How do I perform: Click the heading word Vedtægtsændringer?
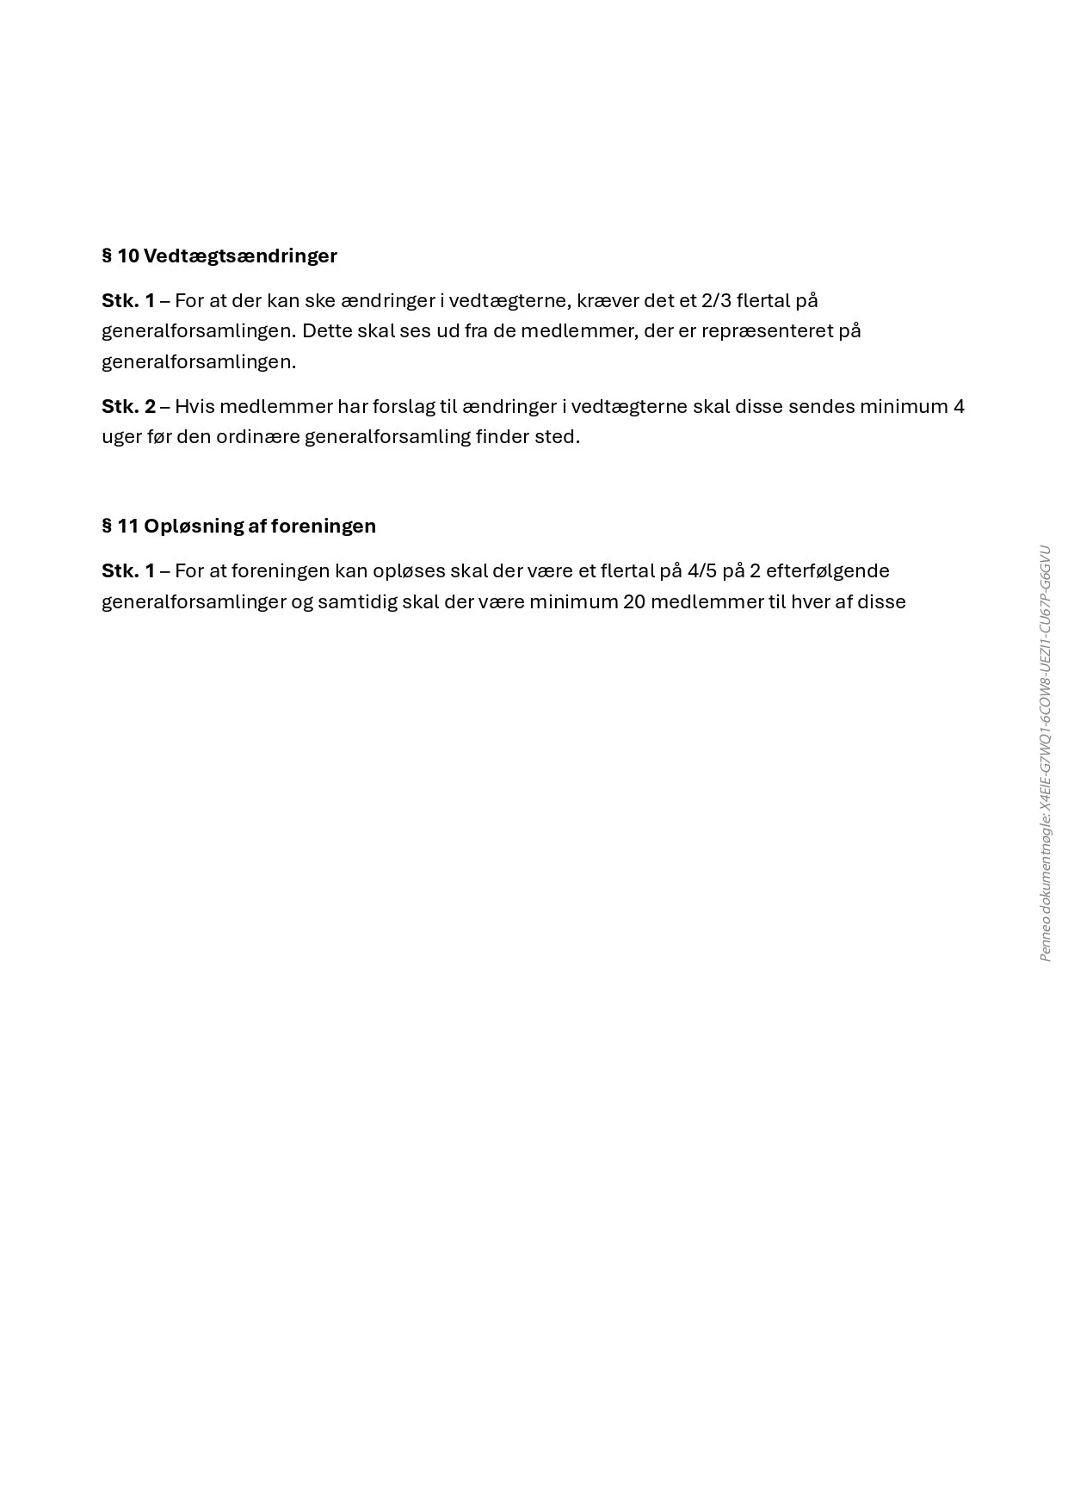coord(240,256)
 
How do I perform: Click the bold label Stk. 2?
coord(129,406)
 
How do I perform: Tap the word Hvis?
coord(194,406)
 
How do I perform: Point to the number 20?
coord(634,601)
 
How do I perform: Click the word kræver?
coord(608,301)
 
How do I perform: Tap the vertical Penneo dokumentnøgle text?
coord(1046,754)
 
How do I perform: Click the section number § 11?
coord(120,527)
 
